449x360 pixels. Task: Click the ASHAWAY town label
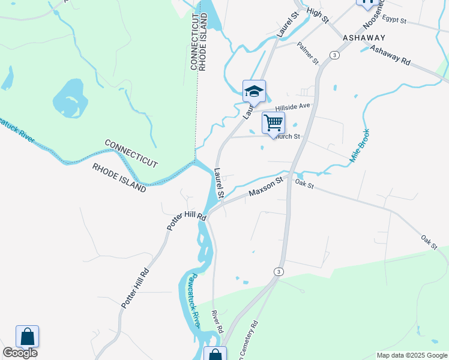pyautogui.click(x=364, y=37)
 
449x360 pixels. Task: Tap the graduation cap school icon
pyautogui.click(x=254, y=91)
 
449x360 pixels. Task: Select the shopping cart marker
pyautogui.click(x=273, y=123)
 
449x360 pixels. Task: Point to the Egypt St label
pyautogui.click(x=394, y=20)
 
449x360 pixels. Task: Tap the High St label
pyautogui.click(x=318, y=16)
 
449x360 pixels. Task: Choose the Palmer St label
pyautogui.click(x=307, y=53)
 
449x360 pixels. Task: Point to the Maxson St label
pyautogui.click(x=266, y=186)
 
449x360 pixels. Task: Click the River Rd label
pyautogui.click(x=217, y=321)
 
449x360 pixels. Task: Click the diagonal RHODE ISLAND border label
pyautogui.click(x=119, y=178)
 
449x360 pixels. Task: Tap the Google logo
pyautogui.click(x=20, y=353)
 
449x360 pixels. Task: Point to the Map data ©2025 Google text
pyautogui.click(x=412, y=355)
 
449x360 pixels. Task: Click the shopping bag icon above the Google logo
pyautogui.click(x=28, y=336)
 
